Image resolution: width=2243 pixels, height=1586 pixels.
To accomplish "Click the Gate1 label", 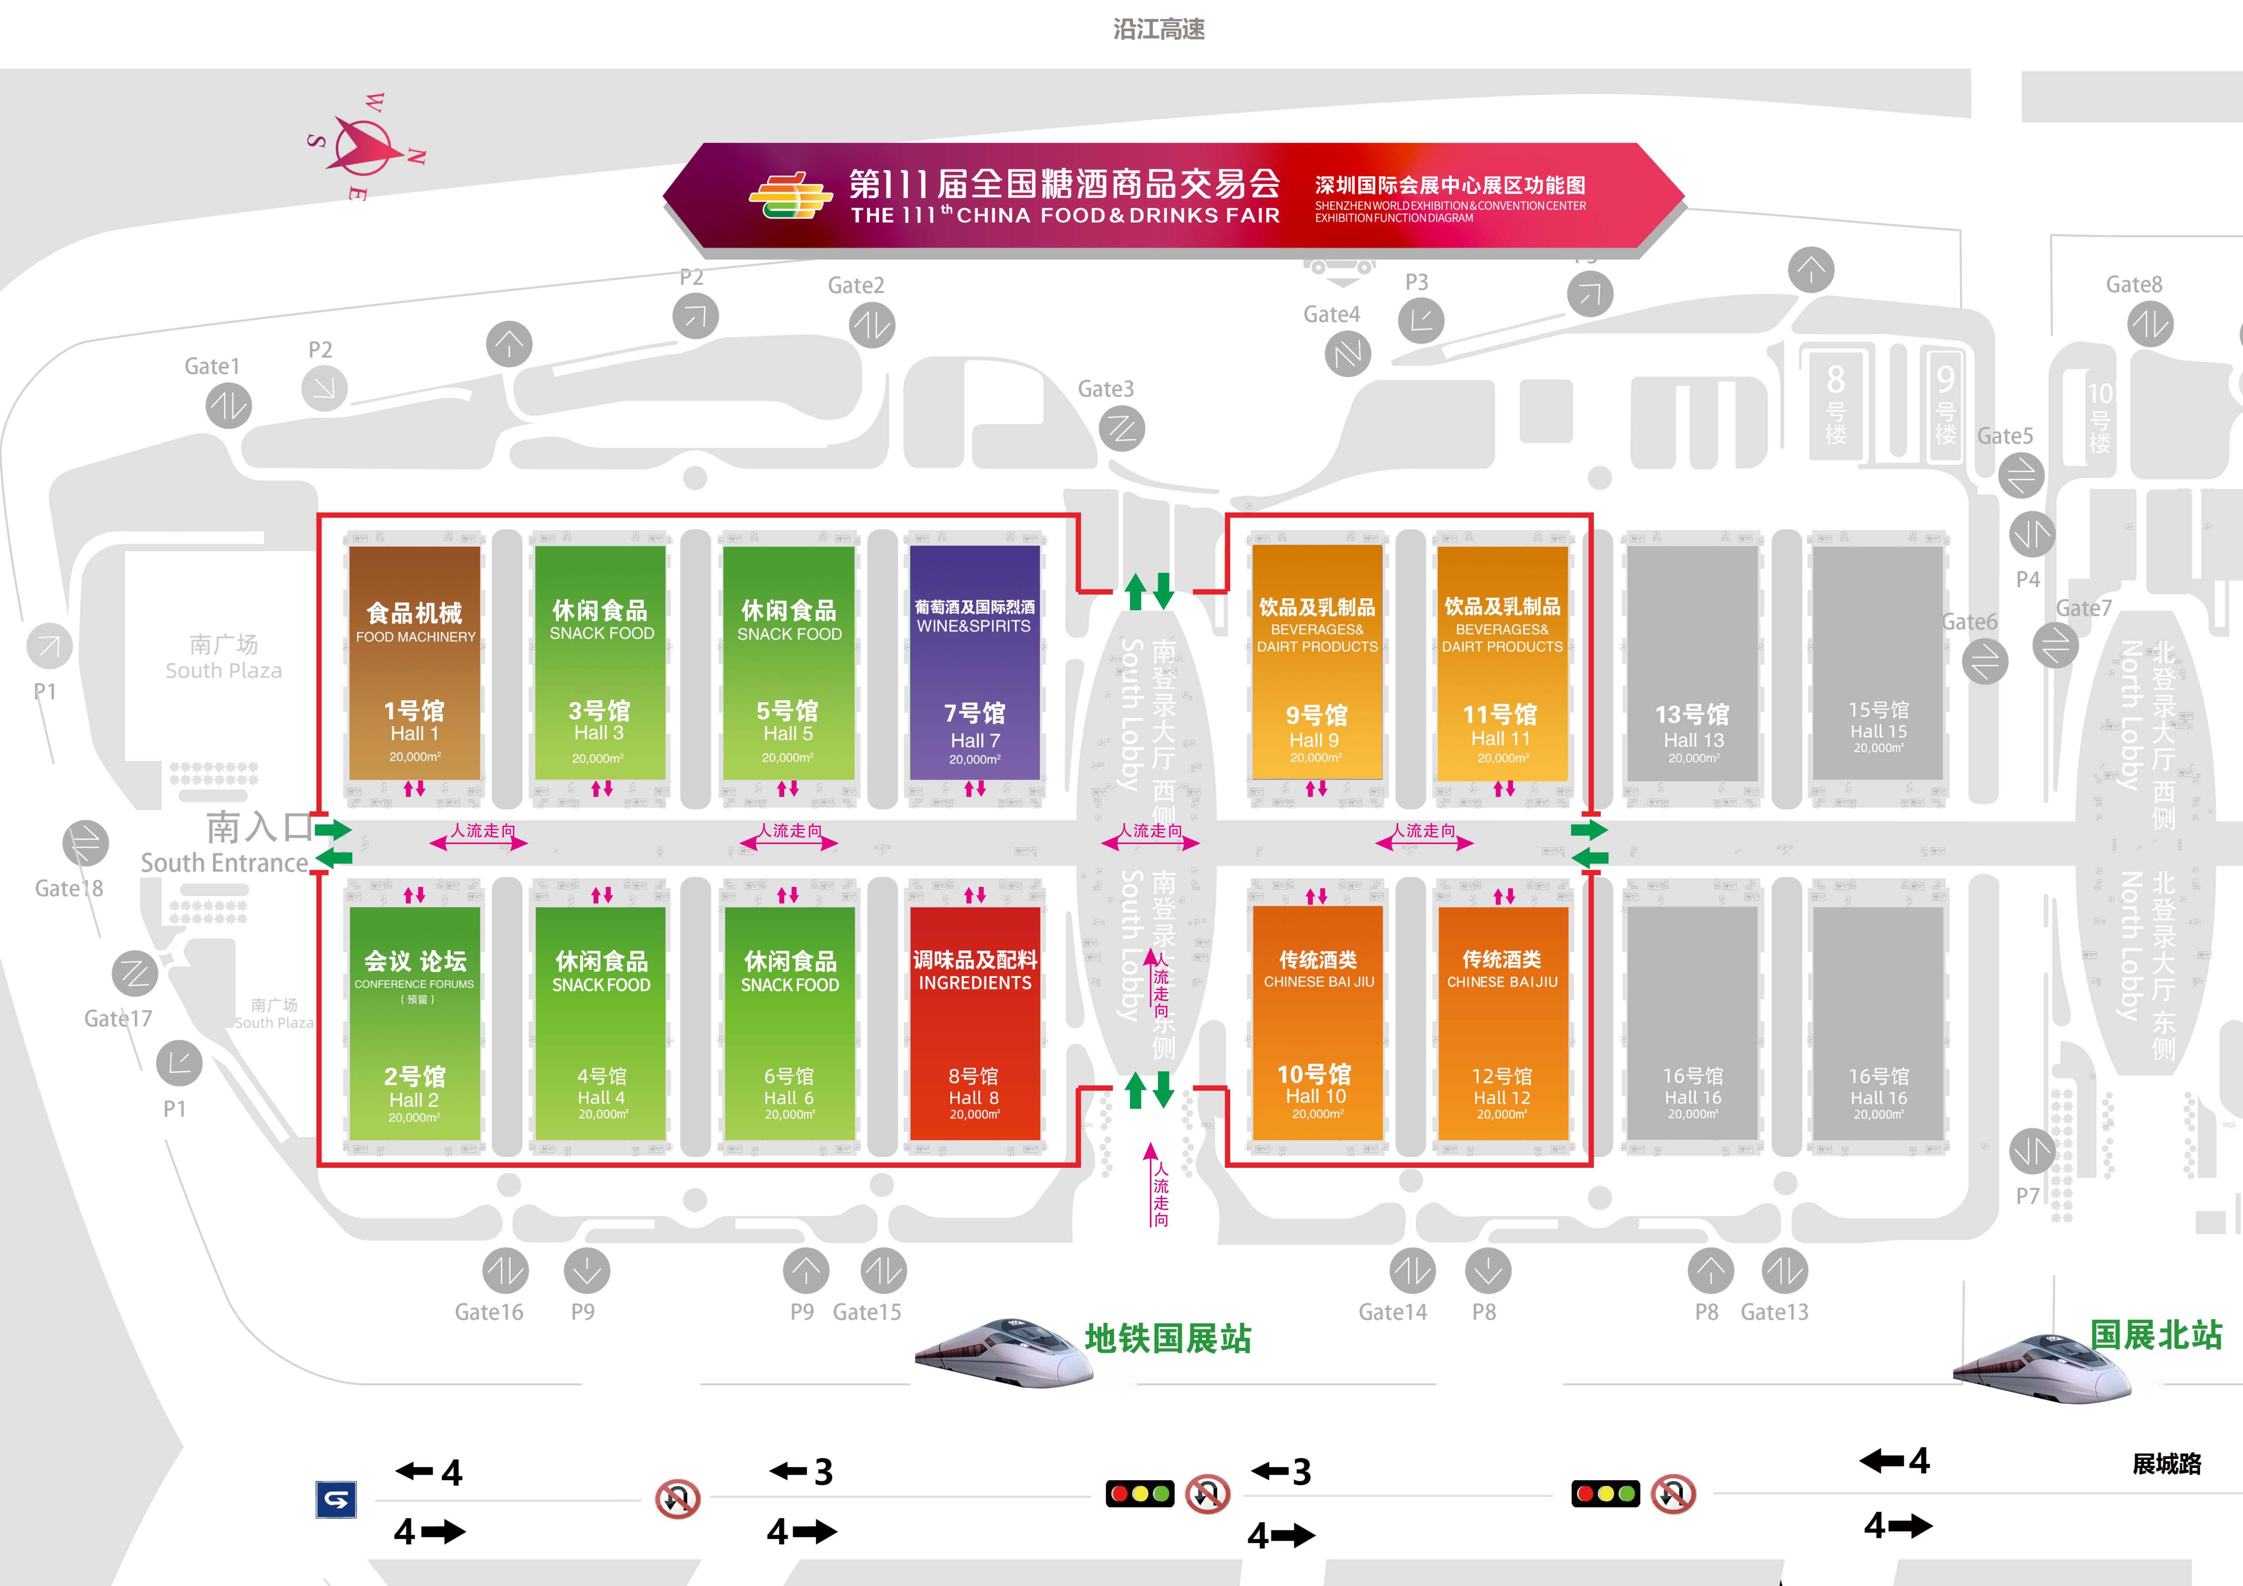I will click(x=212, y=366).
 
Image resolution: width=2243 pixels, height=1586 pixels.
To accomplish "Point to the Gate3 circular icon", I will click(x=1121, y=429).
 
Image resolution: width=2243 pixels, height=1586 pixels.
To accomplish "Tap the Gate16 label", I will click(x=488, y=1312).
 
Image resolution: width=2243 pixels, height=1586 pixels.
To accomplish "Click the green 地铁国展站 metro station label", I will click(x=1168, y=1338).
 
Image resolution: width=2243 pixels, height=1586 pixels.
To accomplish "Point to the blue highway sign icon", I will click(x=336, y=1499).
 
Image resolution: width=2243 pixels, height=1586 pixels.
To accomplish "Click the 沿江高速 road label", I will click(x=1159, y=29).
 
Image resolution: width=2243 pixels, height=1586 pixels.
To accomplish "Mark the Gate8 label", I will click(x=2134, y=284).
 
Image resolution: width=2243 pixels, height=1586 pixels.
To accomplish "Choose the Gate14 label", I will click(x=1392, y=1312).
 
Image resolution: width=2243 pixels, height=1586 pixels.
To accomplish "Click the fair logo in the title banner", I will click(x=789, y=195).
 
